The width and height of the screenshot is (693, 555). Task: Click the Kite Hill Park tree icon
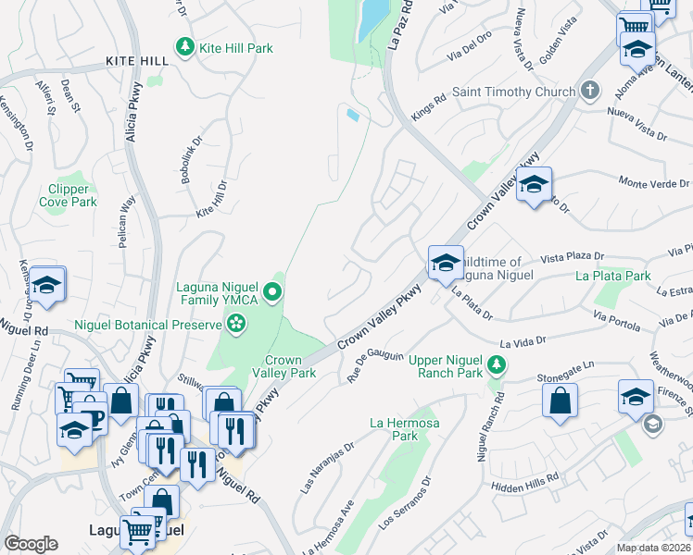pos(184,47)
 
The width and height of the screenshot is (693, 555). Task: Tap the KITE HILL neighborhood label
pos(137,61)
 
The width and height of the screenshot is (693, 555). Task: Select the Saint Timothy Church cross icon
pos(588,92)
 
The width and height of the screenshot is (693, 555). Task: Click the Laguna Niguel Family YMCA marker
pos(272,293)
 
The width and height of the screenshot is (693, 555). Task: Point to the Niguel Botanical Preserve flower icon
pos(236,324)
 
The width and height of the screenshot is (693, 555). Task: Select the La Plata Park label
pos(612,276)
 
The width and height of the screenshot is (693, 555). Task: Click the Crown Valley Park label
pos(283,366)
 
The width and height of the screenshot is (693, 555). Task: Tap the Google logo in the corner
pos(31,543)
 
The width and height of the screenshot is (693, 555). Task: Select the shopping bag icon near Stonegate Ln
pos(561,401)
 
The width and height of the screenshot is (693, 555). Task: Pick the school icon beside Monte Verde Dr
pos(535,186)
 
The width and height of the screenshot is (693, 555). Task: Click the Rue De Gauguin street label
pos(375,365)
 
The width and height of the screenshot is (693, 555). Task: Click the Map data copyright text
pos(653,548)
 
